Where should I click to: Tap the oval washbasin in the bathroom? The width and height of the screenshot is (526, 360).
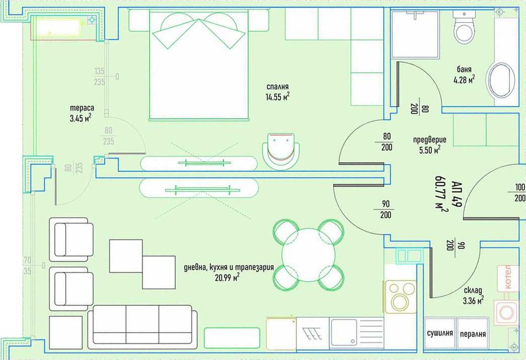tap(500, 81)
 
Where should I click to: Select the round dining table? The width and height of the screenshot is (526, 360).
tap(308, 255)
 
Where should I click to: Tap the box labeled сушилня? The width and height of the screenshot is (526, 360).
tap(440, 334)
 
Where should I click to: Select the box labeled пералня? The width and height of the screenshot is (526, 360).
tap(472, 334)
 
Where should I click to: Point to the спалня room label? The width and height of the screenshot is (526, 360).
tap(278, 87)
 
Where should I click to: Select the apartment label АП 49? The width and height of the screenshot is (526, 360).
tap(456, 194)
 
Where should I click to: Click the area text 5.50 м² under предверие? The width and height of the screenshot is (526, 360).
tap(429, 150)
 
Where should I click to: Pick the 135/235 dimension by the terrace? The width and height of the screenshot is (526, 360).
tap(99, 77)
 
